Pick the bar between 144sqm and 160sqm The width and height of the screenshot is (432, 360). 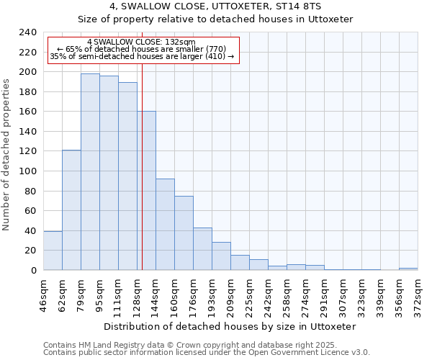pyautogui.click(x=165, y=224)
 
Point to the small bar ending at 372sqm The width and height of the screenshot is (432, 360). pyautogui.click(x=408, y=269)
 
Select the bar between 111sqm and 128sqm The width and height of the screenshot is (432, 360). pyautogui.click(x=127, y=176)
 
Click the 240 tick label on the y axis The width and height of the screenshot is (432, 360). pyautogui.click(x=27, y=32)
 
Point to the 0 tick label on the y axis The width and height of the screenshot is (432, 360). pyautogui.click(x=33, y=271)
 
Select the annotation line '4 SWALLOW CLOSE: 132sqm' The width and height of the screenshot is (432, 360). pyautogui.click(x=141, y=42)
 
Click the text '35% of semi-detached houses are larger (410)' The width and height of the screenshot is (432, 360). pyautogui.click(x=142, y=56)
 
